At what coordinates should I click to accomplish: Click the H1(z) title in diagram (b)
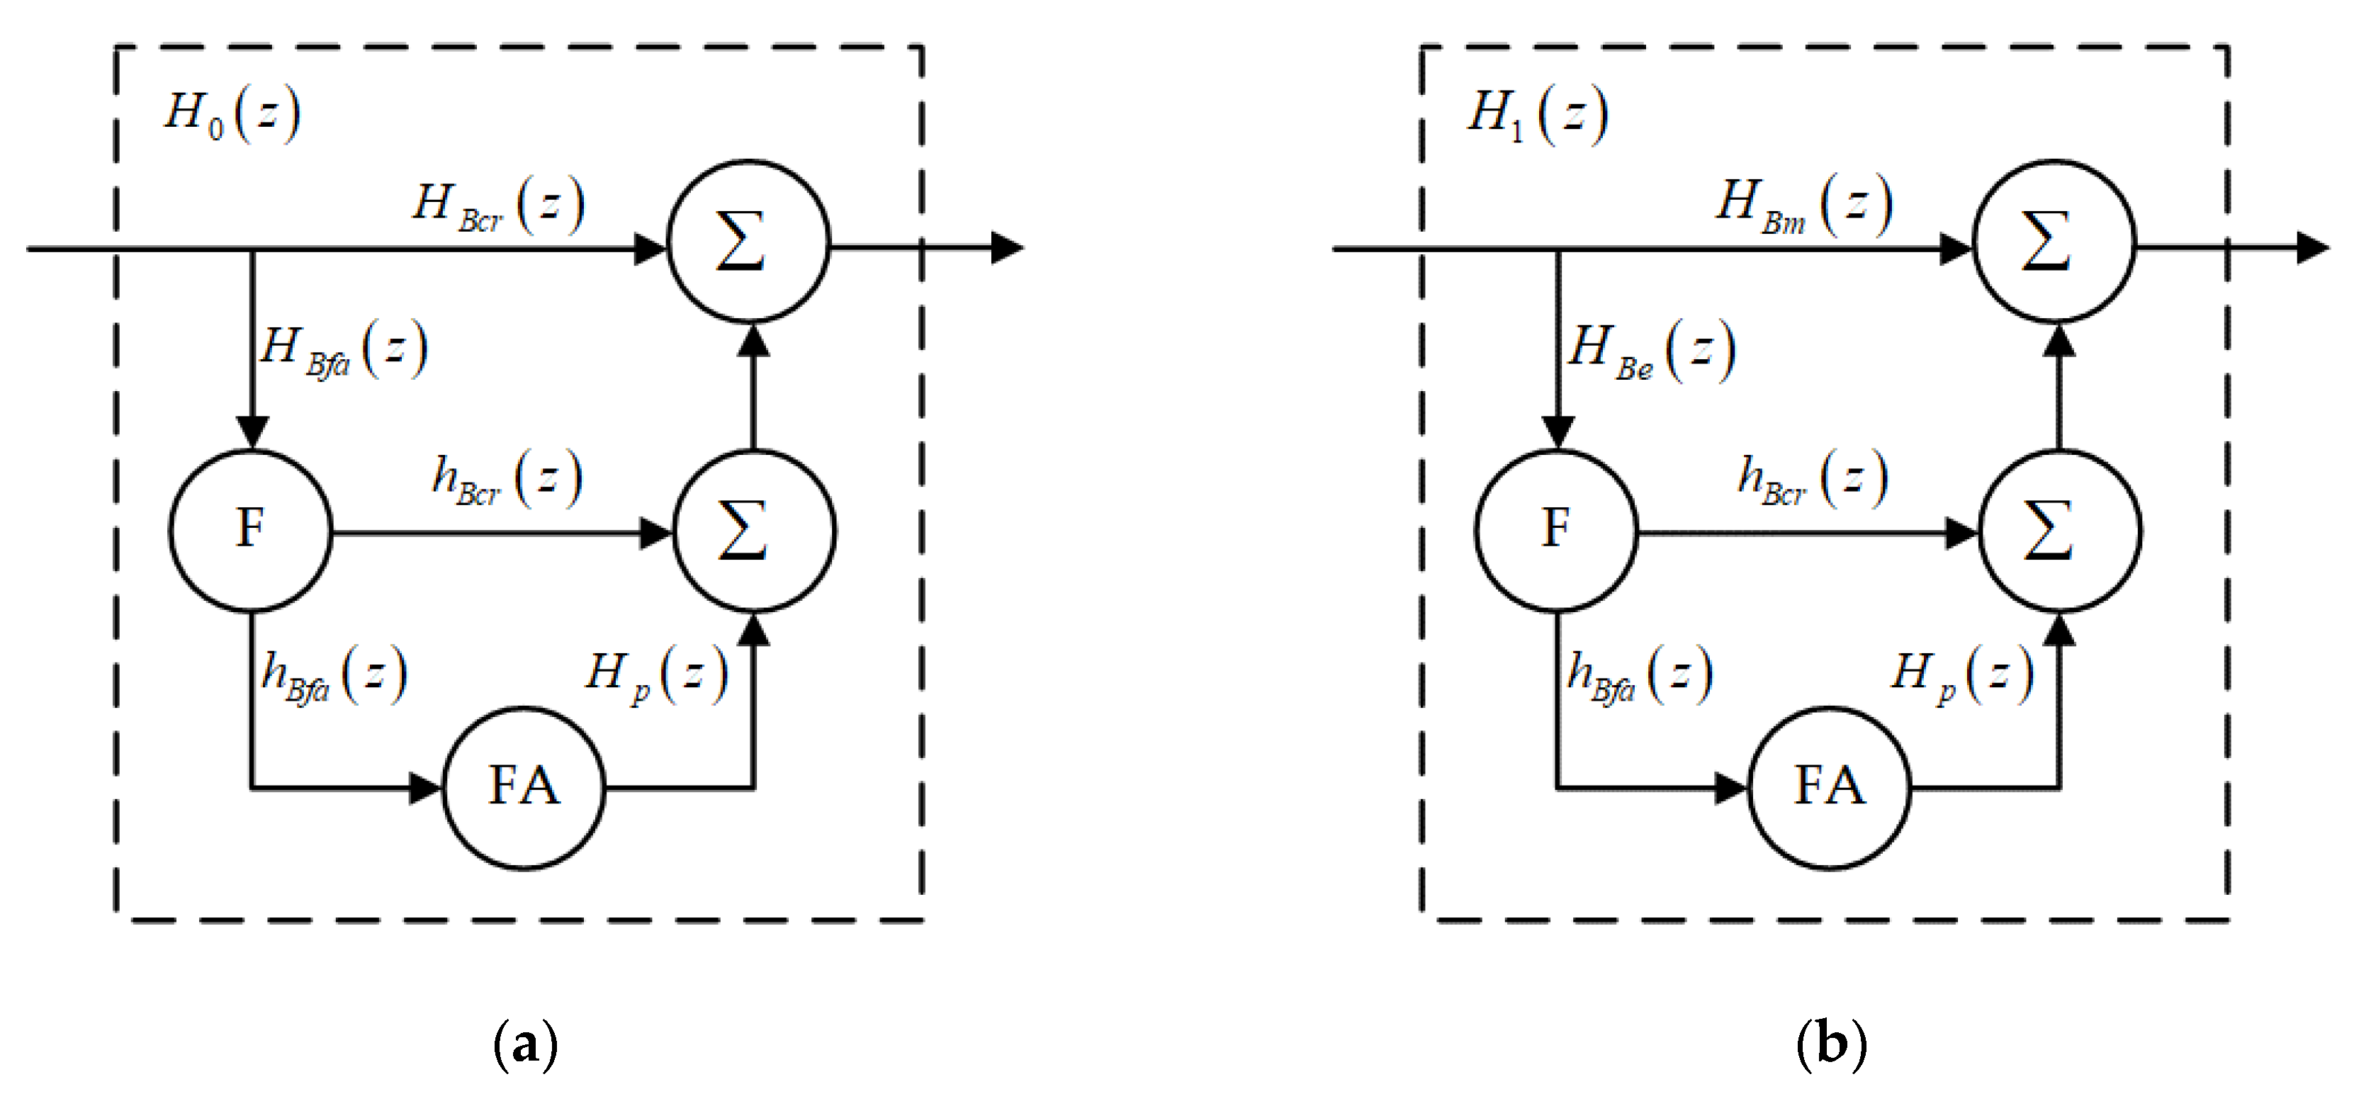[x=1538, y=114]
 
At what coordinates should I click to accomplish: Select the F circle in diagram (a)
[x=250, y=530]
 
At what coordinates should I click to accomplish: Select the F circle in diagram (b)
[x=1556, y=530]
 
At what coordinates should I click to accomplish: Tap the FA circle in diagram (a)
[x=524, y=786]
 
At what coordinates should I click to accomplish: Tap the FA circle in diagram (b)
[x=1830, y=786]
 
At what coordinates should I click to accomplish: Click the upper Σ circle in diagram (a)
[x=748, y=242]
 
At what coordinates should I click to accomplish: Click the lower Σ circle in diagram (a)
[x=754, y=531]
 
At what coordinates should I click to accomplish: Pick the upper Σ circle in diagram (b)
[x=2054, y=242]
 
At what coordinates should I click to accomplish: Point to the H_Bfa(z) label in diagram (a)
[x=344, y=350]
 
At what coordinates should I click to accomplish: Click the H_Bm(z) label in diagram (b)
[x=1803, y=205]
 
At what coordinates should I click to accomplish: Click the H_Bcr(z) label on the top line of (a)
[x=498, y=205]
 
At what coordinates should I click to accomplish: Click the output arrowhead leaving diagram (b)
[x=2312, y=247]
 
